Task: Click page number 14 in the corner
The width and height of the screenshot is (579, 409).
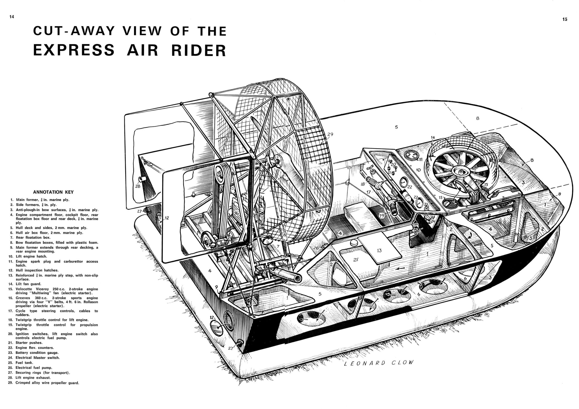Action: click(x=12, y=17)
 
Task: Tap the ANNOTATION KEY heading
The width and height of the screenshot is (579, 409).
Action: click(x=53, y=192)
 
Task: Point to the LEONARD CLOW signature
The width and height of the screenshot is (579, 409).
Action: click(x=379, y=363)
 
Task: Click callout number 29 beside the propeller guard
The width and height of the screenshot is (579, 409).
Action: click(x=330, y=135)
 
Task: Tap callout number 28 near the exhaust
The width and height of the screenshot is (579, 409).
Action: click(x=138, y=186)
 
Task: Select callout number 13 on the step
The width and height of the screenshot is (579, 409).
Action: click(x=379, y=251)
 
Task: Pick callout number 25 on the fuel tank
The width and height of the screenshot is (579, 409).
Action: click(x=356, y=260)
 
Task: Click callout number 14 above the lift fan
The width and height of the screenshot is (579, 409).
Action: click(x=433, y=138)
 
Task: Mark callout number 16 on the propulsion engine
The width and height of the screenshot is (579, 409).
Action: click(x=236, y=213)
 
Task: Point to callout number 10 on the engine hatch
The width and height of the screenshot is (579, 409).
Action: click(x=418, y=170)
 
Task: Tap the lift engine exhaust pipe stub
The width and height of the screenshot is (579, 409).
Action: click(x=143, y=179)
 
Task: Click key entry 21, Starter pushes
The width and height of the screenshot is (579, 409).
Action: click(x=25, y=343)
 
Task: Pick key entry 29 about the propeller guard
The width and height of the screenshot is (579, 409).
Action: click(x=43, y=383)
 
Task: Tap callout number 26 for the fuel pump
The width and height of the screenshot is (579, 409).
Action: click(x=316, y=248)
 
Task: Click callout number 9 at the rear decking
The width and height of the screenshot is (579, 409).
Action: click(x=216, y=287)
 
